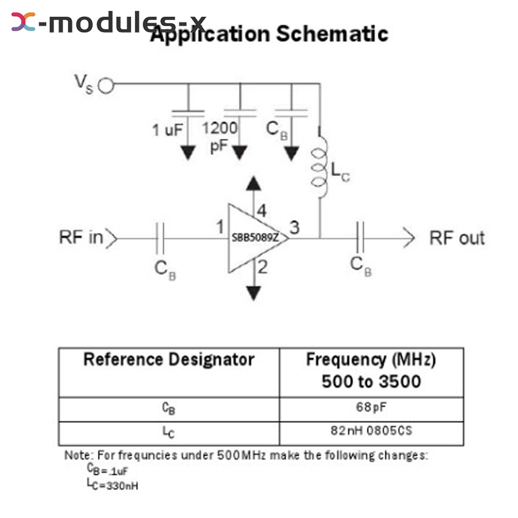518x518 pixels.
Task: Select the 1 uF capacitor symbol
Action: (x=188, y=111)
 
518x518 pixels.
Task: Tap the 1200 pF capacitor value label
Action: (x=220, y=136)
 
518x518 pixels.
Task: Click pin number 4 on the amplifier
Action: (x=262, y=211)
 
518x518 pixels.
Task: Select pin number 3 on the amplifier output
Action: (x=294, y=227)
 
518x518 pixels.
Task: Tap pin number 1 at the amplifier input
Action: (x=220, y=227)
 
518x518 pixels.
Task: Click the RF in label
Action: (x=81, y=238)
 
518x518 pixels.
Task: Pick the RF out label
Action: (x=456, y=238)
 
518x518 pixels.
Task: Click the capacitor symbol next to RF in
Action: (x=160, y=238)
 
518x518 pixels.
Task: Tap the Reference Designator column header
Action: (x=169, y=359)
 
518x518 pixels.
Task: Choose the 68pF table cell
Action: (x=371, y=407)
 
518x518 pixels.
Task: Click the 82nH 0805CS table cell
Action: (x=371, y=430)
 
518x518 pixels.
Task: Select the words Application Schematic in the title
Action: (x=269, y=34)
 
